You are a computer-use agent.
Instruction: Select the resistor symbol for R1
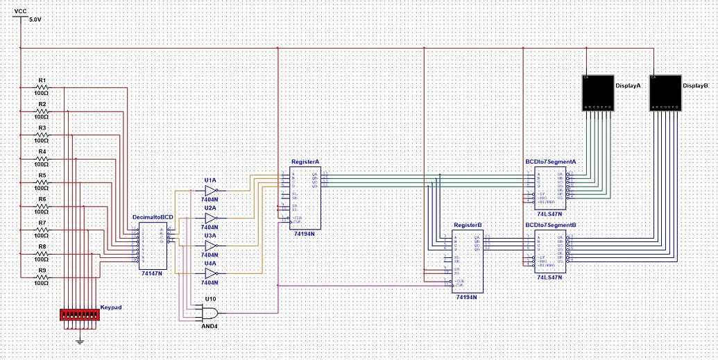[41, 87]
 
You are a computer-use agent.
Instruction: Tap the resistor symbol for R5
[41, 182]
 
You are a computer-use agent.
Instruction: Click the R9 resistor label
[42, 270]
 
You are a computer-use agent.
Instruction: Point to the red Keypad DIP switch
[80, 315]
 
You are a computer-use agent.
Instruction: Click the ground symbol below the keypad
[80, 340]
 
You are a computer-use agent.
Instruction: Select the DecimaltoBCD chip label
[153, 216]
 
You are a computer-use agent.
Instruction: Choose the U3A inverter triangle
[212, 246]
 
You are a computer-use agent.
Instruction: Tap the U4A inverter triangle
[212, 273]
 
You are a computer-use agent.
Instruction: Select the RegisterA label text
[305, 161]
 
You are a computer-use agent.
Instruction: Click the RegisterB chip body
[467, 261]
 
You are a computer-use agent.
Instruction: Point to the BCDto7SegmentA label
[551, 161]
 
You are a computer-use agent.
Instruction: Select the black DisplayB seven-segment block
[666, 93]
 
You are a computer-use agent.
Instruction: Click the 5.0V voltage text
[35, 21]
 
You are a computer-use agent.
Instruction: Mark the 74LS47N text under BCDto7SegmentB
[551, 277]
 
